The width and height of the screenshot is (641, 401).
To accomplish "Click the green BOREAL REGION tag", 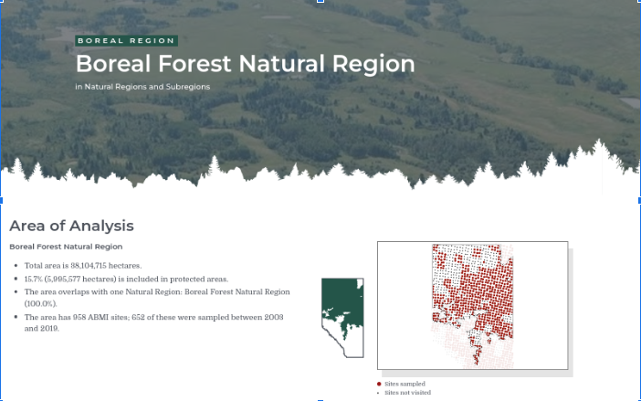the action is (x=126, y=40).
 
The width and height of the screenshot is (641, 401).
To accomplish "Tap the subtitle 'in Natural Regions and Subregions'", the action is (x=142, y=87).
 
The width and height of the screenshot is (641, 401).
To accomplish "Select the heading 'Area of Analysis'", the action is (x=71, y=226).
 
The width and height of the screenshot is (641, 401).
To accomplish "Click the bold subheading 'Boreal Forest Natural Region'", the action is (x=66, y=247).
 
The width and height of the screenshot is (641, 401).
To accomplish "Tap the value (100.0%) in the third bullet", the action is (x=40, y=303).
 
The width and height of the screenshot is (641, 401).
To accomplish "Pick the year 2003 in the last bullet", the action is (x=274, y=317).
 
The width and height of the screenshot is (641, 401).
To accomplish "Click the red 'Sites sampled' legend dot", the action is (x=379, y=384).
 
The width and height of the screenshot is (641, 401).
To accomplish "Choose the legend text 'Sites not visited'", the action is (x=407, y=393).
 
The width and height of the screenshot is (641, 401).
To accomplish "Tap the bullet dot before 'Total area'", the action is (x=16, y=266).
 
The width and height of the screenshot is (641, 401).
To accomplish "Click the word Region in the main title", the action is (x=373, y=64).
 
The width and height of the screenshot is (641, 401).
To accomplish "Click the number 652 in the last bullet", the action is (x=138, y=317).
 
